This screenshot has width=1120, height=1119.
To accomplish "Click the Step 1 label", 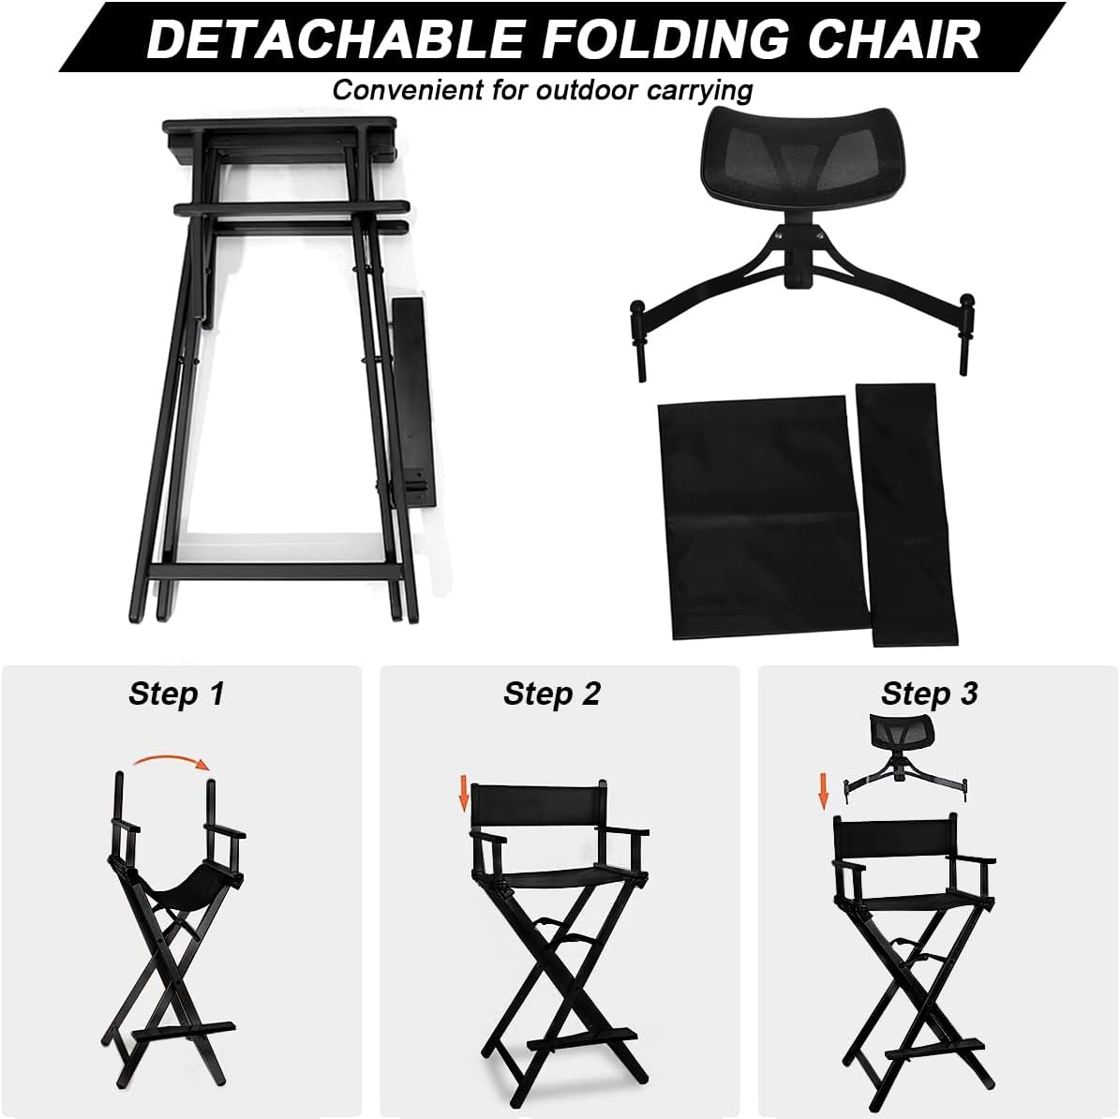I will pyautogui.click(x=176, y=694).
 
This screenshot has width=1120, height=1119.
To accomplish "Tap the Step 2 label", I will pyautogui.click(x=551, y=694).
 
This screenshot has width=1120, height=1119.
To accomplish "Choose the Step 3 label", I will pyautogui.click(x=929, y=694).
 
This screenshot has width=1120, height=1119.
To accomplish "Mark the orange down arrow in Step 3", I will pyautogui.click(x=824, y=790).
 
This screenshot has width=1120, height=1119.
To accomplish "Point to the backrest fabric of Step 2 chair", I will pyautogui.click(x=535, y=807).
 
